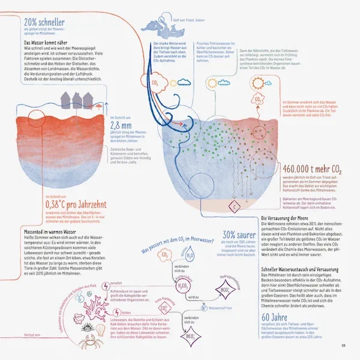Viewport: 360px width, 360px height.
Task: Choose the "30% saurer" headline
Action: pyautogui.click(x=236, y=235)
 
